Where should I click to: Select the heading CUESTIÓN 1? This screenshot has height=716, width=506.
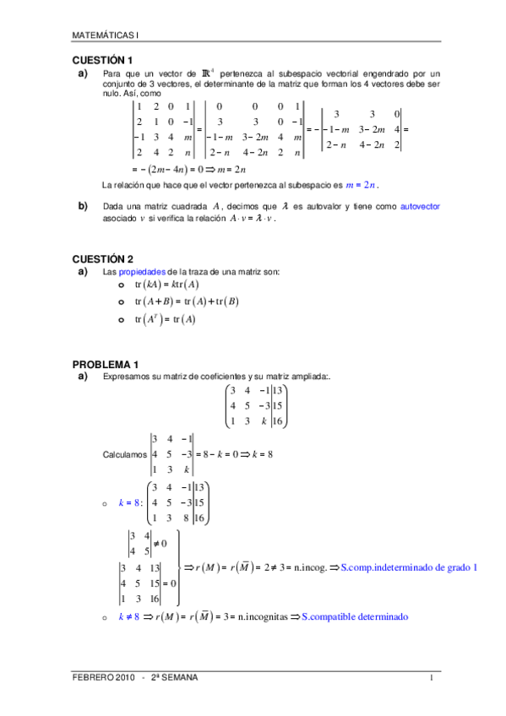point(102,61)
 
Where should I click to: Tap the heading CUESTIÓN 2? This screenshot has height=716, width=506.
point(102,258)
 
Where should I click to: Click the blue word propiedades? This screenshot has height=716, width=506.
point(143,272)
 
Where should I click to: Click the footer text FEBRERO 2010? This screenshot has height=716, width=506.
point(103,678)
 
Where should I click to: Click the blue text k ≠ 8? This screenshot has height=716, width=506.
point(128,617)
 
